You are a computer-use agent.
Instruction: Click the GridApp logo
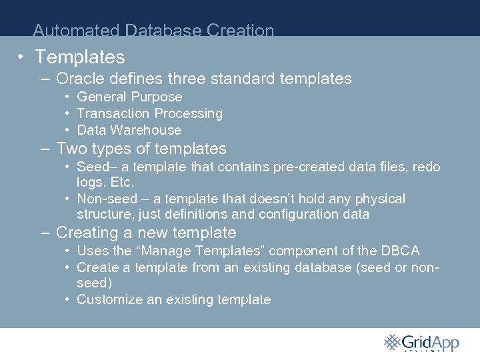421,343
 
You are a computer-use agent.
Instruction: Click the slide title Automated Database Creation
153,31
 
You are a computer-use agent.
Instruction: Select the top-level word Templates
80,57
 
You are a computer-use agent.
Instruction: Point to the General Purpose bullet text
129,97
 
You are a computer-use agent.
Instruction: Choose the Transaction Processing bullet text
149,113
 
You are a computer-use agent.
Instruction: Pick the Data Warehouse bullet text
129,130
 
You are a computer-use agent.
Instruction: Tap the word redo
427,167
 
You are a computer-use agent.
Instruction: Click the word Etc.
123,182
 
